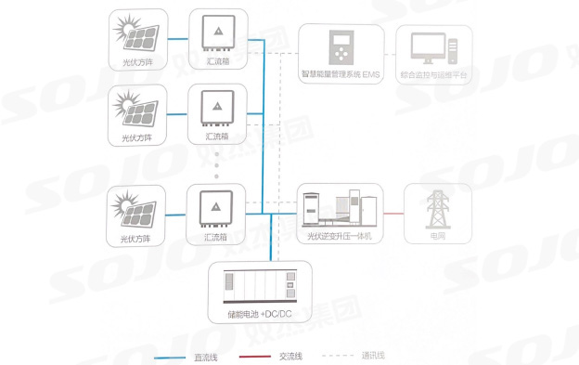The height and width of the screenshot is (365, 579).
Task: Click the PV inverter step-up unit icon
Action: pos(340,209)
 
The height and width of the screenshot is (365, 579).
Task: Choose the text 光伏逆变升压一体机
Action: pos(339,236)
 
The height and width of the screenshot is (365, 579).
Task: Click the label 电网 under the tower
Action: pos(437,236)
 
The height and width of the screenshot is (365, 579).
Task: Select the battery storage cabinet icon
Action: pos(254,283)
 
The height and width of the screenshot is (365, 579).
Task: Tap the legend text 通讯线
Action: pos(371,356)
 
